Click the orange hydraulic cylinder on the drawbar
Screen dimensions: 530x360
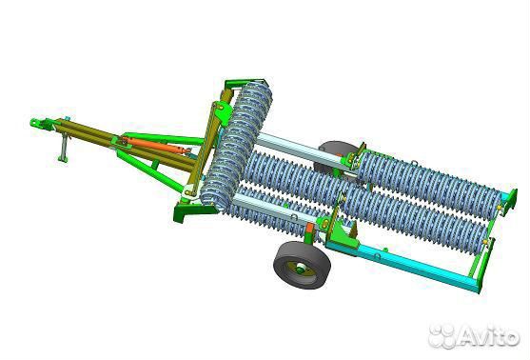click(155, 145)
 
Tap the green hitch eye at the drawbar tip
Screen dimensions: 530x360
click(38, 124)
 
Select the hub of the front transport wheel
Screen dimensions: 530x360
click(301, 270)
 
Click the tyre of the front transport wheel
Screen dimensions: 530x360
click(302, 265)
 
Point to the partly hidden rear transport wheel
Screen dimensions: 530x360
click(333, 155)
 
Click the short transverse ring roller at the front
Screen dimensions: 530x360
click(237, 146)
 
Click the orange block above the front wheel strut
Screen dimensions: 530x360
click(309, 228)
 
